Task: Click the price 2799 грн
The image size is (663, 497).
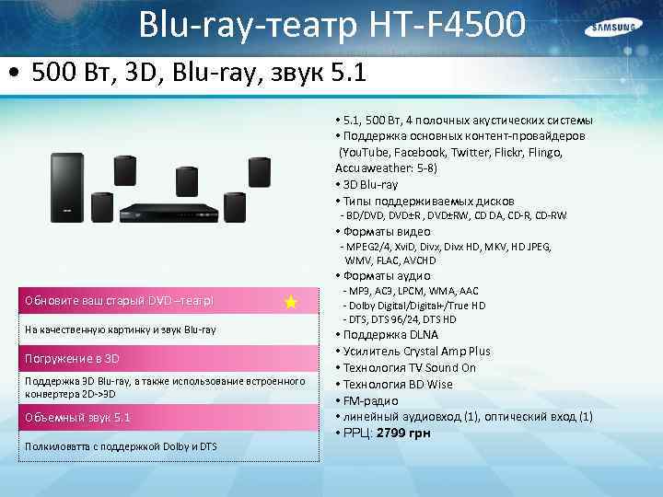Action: point(408,433)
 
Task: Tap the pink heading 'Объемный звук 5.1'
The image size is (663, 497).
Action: point(78,417)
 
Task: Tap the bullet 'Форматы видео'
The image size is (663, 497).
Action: point(387,231)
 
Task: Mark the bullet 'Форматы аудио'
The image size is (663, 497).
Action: point(387,275)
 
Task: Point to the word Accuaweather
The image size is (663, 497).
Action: point(369,168)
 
